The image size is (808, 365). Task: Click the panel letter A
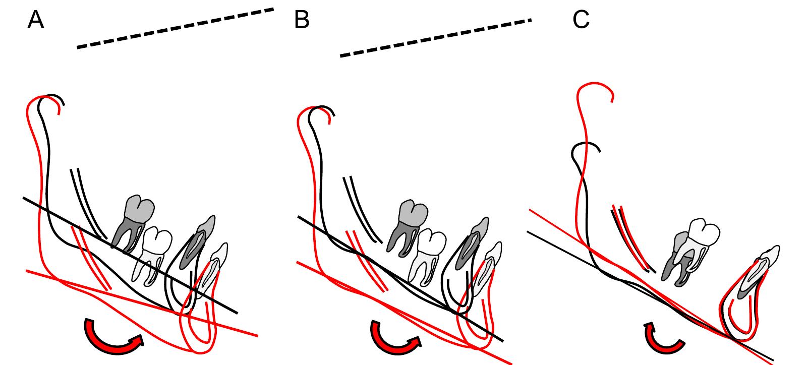(35, 20)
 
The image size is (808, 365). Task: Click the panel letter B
(302, 20)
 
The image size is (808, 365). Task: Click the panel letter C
(581, 20)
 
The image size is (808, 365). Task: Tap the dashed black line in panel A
(175, 28)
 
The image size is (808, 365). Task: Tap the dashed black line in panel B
(435, 38)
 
